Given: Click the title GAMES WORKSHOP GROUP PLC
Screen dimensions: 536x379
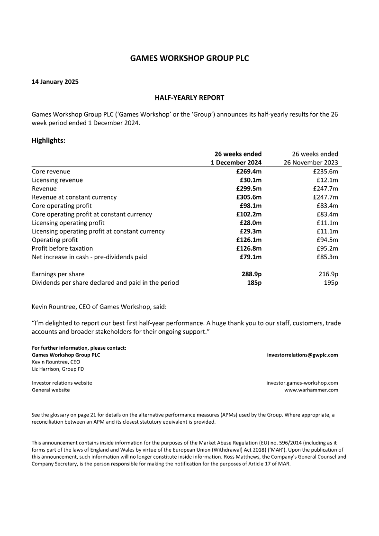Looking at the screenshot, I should pos(189,58).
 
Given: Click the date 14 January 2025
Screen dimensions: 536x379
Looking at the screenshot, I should pos(55,82).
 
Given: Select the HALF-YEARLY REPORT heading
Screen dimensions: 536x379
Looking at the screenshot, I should pos(189,98).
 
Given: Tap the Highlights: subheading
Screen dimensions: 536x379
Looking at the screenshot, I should pos(48,140).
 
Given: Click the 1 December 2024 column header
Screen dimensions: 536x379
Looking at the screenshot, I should pos(236,163).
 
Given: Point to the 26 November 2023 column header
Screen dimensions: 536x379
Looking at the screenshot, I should pos(311,163).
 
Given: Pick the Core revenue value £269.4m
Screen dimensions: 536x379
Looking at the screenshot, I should pos(249,172).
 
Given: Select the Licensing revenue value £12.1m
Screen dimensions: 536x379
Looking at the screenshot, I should pos(327,180).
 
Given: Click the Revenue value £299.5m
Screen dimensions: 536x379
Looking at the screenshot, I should pos(249,189).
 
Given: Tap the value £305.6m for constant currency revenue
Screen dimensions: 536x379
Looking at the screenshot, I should pos(249,197).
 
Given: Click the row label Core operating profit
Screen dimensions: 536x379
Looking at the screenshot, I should pos(62,206).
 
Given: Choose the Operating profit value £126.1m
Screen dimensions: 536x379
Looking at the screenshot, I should pos(249,240).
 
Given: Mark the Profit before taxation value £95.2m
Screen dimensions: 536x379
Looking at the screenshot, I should pos(327,248).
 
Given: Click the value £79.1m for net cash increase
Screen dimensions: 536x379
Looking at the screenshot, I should pos(251,257).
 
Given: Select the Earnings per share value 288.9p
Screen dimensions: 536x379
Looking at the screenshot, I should pos(252,274).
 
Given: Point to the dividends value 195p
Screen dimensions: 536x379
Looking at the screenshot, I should pos(331,282).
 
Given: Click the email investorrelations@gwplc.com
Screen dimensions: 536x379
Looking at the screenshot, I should pos(302,354).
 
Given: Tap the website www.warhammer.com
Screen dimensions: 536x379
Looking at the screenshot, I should pos(311,390).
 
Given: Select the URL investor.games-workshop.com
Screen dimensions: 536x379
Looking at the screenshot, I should pos(302,383).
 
